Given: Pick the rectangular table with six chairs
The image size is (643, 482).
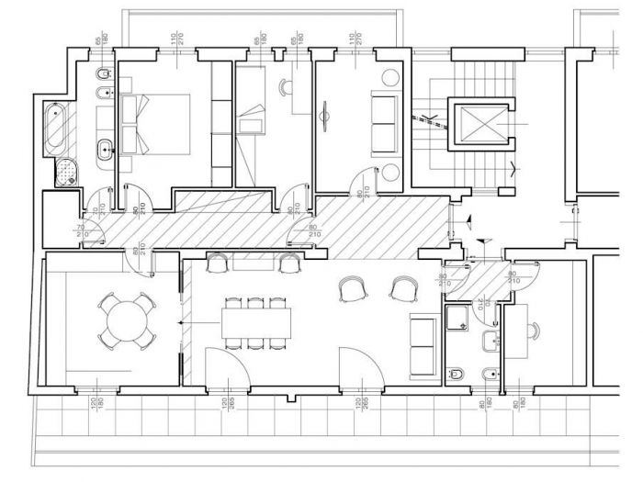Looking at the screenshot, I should pyautogui.click(x=255, y=321).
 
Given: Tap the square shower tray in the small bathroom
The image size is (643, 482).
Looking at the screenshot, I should pyautogui.click(x=456, y=319).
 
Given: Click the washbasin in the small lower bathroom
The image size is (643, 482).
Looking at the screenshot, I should pyautogui.click(x=491, y=342).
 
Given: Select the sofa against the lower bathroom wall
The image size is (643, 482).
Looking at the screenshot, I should pyautogui.click(x=423, y=346).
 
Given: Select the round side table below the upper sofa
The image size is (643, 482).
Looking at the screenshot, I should pyautogui.click(x=391, y=172).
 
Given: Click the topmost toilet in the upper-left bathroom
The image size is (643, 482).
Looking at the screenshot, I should pyautogui.click(x=102, y=73).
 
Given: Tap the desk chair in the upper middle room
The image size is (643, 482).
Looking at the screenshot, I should pyautogui.click(x=285, y=87).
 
